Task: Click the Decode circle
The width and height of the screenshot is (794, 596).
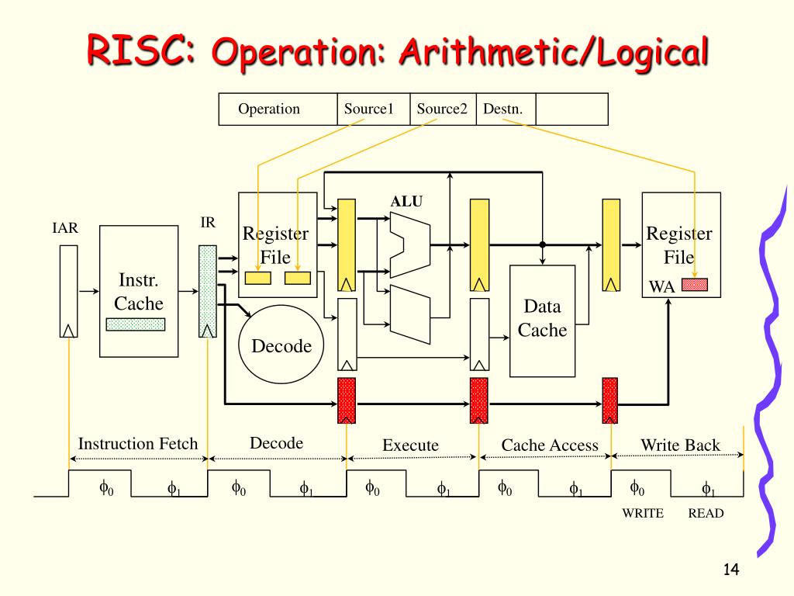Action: [x=281, y=345]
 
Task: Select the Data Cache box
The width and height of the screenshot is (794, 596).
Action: [x=542, y=321]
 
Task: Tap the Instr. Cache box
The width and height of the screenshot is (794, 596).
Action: [x=139, y=292]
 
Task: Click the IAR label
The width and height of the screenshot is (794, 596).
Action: [x=65, y=228]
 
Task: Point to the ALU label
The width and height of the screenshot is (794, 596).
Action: [x=406, y=201]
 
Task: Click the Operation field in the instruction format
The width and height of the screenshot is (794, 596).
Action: [x=278, y=109]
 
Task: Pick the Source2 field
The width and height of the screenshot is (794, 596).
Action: [x=443, y=109]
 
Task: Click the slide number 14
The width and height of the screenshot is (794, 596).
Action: [x=730, y=569]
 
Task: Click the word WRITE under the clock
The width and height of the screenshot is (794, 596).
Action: [x=643, y=514]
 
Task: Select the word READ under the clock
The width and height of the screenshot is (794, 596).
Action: [x=706, y=514]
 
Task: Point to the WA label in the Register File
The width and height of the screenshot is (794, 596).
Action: [x=662, y=287]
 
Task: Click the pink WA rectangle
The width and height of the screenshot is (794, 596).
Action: [x=695, y=284]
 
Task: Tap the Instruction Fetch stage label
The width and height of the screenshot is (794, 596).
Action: [x=138, y=443]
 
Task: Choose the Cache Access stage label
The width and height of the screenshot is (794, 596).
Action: [x=550, y=445]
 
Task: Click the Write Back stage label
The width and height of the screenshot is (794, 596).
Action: [x=680, y=445]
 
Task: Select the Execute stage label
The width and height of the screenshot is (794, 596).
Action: [x=410, y=445]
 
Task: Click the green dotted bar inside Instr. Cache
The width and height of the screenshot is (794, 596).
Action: [x=136, y=324]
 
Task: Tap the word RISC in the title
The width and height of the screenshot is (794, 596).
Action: [x=140, y=50]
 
